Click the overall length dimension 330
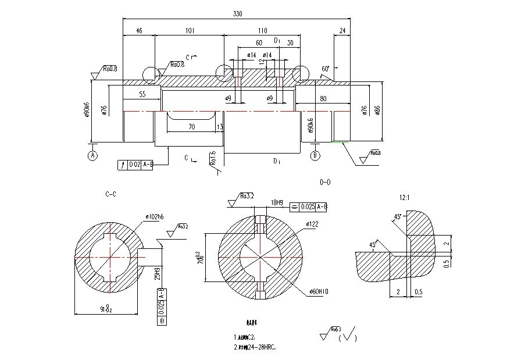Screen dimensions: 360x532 click(x=237, y=13)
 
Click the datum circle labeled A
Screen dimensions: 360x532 click(x=92, y=155)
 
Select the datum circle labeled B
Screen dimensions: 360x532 click(x=315, y=155)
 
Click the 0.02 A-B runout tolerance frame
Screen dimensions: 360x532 click(x=135, y=165)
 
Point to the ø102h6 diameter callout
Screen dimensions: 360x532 click(x=155, y=217)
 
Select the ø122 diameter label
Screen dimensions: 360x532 click(x=311, y=224)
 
